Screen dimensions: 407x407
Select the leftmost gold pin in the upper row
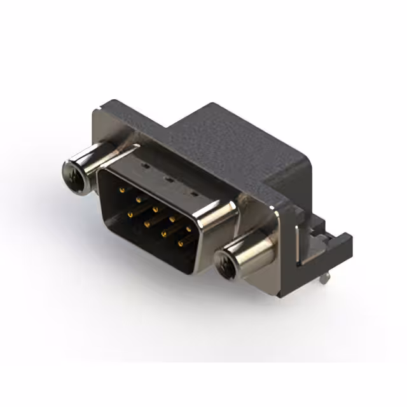pos(121,190)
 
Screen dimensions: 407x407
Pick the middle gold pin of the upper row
pos(155,208)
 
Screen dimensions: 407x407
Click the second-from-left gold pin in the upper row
pos(138,199)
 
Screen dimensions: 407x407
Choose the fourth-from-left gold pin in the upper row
pos(172,217)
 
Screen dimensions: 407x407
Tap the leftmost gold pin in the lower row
pos(130,214)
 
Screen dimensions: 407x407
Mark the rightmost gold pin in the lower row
pos(180,242)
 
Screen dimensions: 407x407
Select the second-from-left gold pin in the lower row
pos(147,223)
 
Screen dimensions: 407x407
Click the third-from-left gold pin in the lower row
pos(163,233)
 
